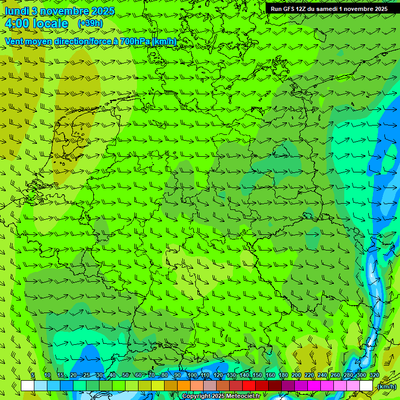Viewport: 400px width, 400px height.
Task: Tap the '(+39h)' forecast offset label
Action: click(90, 23)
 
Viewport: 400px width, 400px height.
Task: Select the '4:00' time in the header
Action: click(17, 24)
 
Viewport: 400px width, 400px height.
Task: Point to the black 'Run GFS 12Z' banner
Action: click(329, 8)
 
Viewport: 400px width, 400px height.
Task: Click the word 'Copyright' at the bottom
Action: click(195, 396)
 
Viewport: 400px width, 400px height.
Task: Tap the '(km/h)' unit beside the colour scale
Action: click(386, 386)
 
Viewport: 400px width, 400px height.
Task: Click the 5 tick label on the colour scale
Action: click(33, 376)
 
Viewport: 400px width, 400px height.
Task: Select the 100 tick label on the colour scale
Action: click(192, 376)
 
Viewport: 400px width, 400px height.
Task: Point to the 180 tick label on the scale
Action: click(283, 376)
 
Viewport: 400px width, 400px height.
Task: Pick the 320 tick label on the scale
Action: click(374, 376)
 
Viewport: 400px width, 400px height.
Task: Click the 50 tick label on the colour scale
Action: click(125, 376)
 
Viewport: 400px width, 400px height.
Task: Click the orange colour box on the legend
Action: click(184, 386)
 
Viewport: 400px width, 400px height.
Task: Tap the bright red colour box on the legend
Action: click(249, 386)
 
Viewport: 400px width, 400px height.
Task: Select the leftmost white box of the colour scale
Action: click(28, 386)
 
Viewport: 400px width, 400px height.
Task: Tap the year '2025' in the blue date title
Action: click(103, 11)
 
